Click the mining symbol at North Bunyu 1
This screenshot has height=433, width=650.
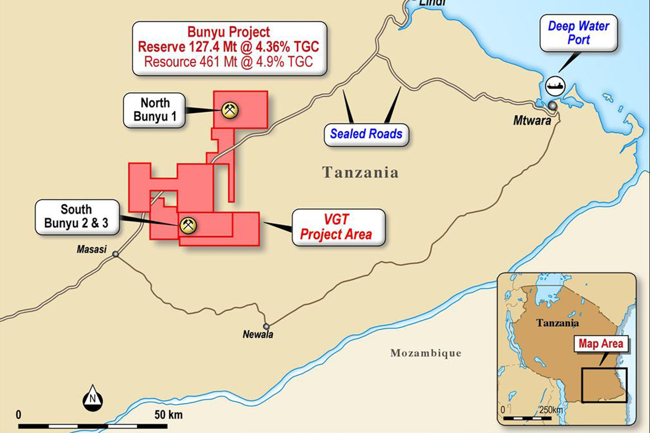[x=230, y=110]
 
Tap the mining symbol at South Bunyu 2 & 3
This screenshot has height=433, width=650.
[x=188, y=225]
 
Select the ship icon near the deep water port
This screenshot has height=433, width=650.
[x=555, y=86]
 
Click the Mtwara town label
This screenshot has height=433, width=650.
[x=532, y=121]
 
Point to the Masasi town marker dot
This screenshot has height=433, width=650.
[x=116, y=254]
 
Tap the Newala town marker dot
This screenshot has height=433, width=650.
[x=266, y=326]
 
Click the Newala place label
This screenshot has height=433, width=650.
[x=258, y=335]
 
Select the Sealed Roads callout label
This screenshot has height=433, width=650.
[x=366, y=134]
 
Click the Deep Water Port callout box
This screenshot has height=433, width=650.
[x=578, y=33]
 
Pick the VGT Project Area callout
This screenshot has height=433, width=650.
[x=338, y=227]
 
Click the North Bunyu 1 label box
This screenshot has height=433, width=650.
[x=154, y=110]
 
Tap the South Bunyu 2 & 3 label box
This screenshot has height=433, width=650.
[x=77, y=216]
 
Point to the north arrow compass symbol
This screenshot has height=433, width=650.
[x=93, y=398]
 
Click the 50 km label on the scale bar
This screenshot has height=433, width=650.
[x=168, y=415]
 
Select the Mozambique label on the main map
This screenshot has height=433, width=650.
[x=426, y=353]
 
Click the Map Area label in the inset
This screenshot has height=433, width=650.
[x=600, y=344]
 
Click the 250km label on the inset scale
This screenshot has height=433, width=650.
[x=551, y=410]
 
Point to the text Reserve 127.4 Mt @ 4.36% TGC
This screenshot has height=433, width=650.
[x=228, y=47]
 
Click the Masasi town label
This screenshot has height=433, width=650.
[x=92, y=249]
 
